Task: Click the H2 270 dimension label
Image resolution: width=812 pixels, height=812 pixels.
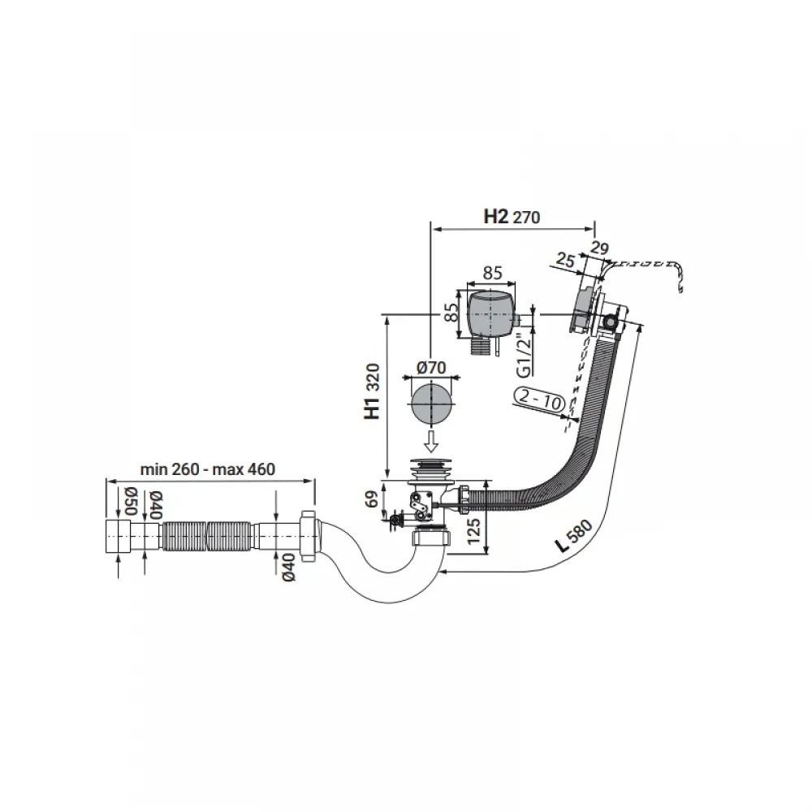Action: pyautogui.click(x=512, y=217)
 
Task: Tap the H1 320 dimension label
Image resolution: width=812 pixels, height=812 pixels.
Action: pyautogui.click(x=373, y=391)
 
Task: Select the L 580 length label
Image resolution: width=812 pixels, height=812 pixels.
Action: pyautogui.click(x=572, y=537)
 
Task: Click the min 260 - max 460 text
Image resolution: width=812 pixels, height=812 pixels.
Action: pyautogui.click(x=208, y=469)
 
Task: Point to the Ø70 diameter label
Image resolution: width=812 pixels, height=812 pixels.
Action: pyautogui.click(x=431, y=368)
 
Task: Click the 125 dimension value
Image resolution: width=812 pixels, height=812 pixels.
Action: pyautogui.click(x=474, y=530)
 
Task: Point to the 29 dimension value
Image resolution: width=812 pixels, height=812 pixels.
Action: pyautogui.click(x=599, y=248)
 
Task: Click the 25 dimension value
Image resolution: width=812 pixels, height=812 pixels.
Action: pyautogui.click(x=565, y=260)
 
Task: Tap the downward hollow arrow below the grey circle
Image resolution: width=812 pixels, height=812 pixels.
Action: pyautogui.click(x=431, y=440)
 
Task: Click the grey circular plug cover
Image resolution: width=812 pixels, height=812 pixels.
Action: pyautogui.click(x=431, y=404)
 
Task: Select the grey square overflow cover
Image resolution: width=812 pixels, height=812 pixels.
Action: pyautogui.click(x=490, y=314)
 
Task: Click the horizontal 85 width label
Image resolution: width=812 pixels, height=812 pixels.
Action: pyautogui.click(x=492, y=273)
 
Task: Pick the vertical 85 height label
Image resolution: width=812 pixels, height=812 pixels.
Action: pyautogui.click(x=451, y=311)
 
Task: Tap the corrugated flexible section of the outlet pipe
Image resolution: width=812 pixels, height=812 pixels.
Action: pyautogui.click(x=210, y=537)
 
